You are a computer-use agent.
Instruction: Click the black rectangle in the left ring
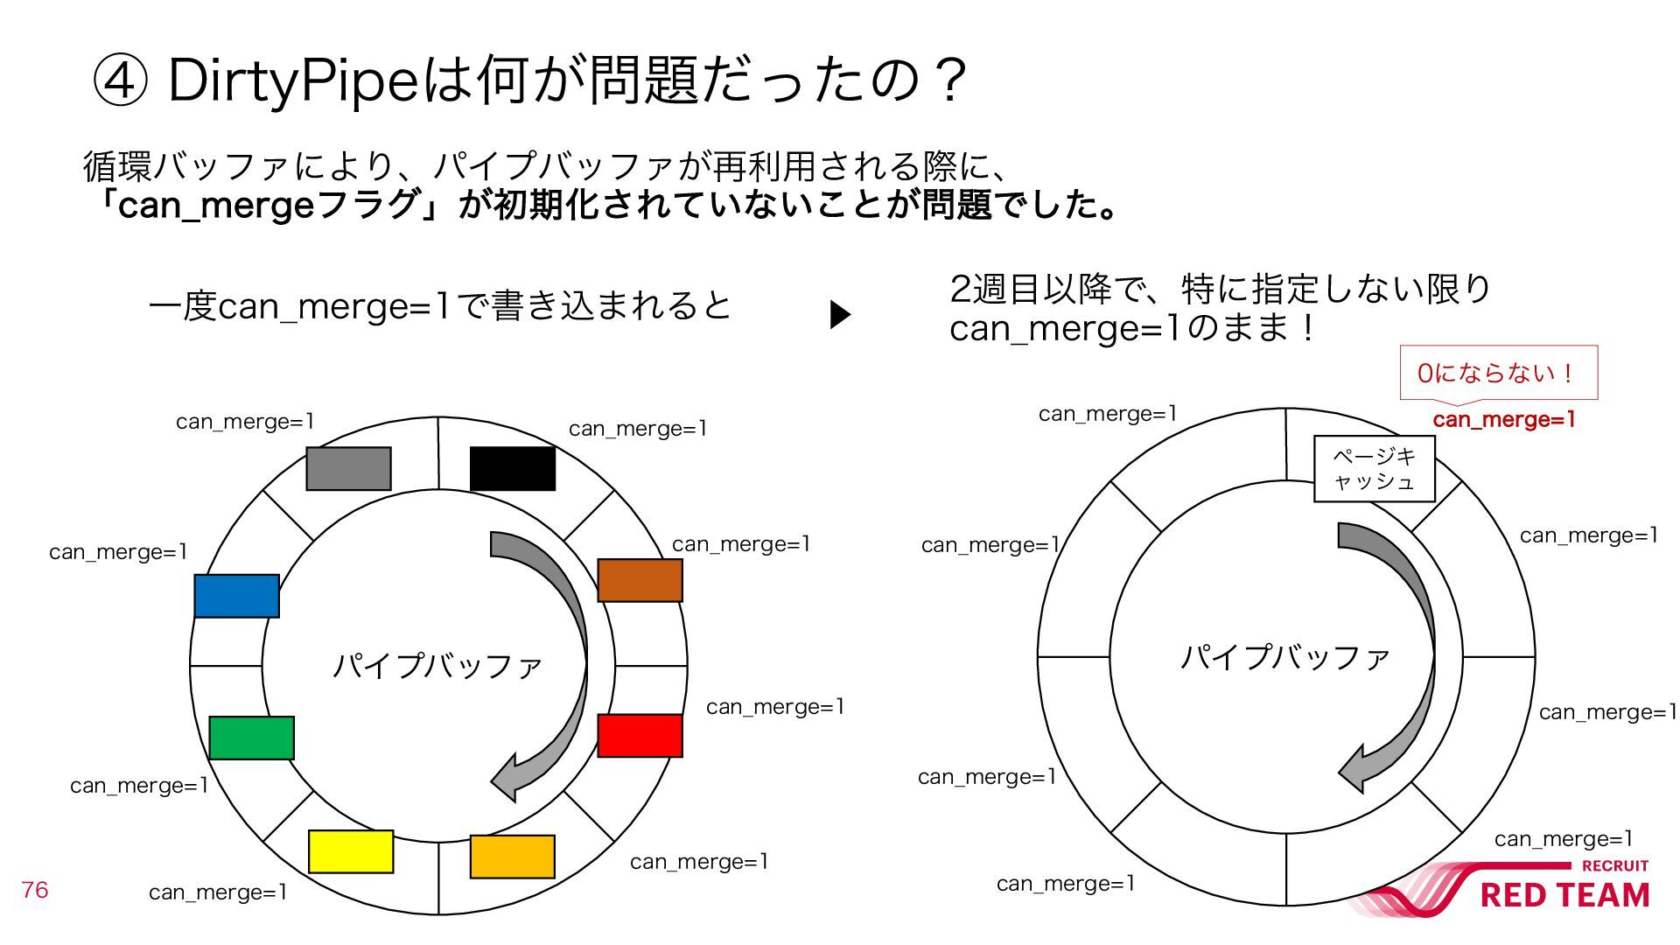coord(512,468)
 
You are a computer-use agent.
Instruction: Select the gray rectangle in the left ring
coord(348,468)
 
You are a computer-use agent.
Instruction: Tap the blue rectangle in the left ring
coord(236,596)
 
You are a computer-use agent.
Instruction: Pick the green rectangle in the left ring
coord(251,738)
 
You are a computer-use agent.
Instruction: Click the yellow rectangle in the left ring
coord(351,851)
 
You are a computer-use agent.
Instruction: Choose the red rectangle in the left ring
coord(640,735)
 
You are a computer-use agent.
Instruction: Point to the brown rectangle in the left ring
coord(640,580)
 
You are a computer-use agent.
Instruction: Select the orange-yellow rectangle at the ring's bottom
coord(512,857)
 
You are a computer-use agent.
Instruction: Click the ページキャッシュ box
coord(1374,469)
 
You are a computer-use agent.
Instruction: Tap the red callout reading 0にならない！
coord(1498,374)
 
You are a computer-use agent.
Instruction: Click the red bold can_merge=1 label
coord(1503,420)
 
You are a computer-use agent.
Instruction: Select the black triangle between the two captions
coord(840,315)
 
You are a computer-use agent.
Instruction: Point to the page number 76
coord(35,890)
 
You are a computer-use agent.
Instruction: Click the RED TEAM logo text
coord(1564,895)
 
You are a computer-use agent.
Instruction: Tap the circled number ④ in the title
coord(119,81)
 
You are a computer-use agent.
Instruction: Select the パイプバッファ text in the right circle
coord(1284,656)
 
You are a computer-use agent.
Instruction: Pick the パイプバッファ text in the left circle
coord(437,666)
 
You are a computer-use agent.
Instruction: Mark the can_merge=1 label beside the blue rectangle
coord(118,552)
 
